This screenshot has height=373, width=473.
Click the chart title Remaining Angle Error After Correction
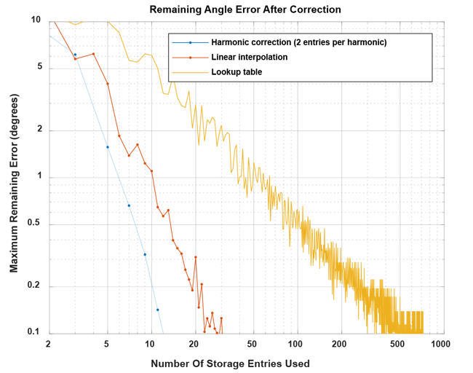click(245, 9)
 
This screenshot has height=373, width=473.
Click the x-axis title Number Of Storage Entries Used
click(230, 363)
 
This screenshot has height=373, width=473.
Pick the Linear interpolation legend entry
click(249, 57)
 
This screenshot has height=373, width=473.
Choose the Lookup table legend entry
click(236, 71)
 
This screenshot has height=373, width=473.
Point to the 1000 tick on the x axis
click(438, 343)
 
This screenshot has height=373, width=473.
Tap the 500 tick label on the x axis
click(397, 343)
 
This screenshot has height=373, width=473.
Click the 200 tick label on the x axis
click(339, 343)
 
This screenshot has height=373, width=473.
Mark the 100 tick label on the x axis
click(295, 343)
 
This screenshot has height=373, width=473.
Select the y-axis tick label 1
click(38, 177)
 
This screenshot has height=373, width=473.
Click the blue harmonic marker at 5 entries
click(107, 147)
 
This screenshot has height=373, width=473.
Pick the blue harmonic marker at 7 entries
click(129, 205)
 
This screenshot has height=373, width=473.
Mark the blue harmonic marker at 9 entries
click(145, 254)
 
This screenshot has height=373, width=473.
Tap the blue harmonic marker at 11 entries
click(157, 310)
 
